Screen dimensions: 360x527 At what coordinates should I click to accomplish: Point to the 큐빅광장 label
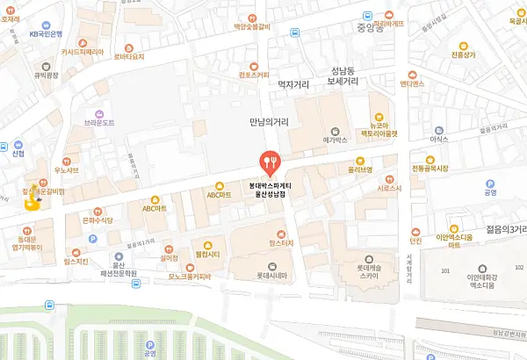click(x=45, y=76)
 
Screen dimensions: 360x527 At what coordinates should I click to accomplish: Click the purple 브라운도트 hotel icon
click(x=99, y=113)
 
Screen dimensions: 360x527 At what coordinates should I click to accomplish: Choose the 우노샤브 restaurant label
click(x=67, y=169)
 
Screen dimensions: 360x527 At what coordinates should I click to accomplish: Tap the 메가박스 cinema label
click(x=336, y=140)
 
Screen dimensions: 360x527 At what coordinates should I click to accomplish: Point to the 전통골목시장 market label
click(x=430, y=167)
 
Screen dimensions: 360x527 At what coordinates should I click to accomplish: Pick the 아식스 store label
click(x=439, y=140)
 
